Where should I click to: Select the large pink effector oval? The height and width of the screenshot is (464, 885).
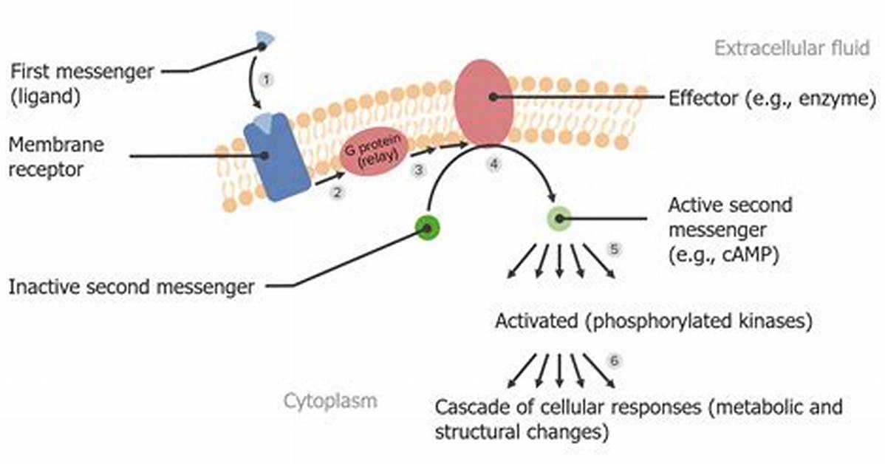[x=484, y=102]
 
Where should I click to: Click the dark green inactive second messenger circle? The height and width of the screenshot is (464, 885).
[x=427, y=228]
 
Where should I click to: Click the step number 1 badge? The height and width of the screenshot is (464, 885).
[x=266, y=79]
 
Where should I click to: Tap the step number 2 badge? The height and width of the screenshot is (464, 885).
[x=337, y=193]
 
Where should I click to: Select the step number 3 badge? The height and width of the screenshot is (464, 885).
[x=418, y=170]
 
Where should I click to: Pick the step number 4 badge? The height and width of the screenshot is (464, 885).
[x=494, y=164]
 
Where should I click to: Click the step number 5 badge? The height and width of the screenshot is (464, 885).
[x=614, y=249]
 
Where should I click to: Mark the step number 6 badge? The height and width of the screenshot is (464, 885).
[x=614, y=361]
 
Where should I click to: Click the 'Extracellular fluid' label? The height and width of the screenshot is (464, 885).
[x=792, y=48]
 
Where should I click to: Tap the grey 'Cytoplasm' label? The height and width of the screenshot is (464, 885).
[x=330, y=402]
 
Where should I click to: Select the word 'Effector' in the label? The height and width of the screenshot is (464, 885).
[x=705, y=98]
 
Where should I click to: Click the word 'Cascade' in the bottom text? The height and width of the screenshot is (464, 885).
[x=470, y=407]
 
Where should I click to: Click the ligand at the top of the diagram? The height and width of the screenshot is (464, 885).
[x=264, y=39]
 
